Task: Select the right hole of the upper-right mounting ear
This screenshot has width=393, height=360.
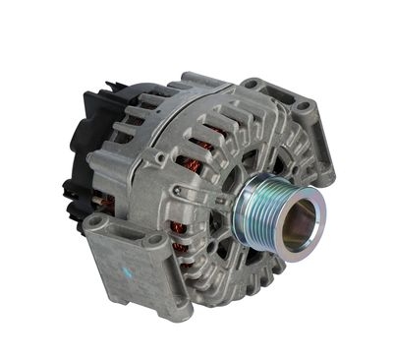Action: tap(304, 105)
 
